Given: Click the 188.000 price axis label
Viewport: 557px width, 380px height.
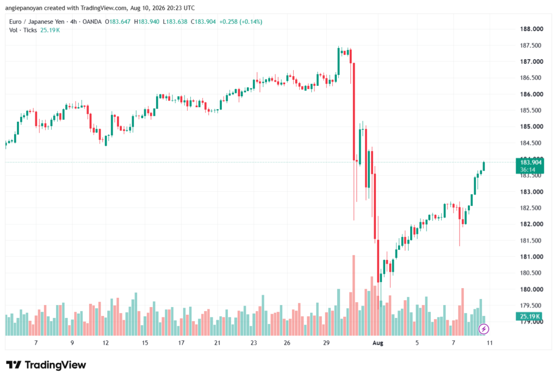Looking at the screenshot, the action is [x=531, y=29].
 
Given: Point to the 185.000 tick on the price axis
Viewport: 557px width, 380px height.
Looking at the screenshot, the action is [x=531, y=127].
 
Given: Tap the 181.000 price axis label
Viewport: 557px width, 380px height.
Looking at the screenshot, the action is [x=531, y=257].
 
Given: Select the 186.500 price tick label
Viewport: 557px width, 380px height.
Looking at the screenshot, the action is [x=531, y=77].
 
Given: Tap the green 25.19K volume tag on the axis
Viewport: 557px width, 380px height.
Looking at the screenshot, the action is [x=529, y=316].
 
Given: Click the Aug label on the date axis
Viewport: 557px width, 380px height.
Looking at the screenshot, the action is [x=377, y=342].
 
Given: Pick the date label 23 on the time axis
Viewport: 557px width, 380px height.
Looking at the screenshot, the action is [x=253, y=342].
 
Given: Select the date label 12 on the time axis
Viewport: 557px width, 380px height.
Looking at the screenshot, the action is [x=106, y=342].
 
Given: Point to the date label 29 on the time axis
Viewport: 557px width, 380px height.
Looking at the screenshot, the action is [x=326, y=342].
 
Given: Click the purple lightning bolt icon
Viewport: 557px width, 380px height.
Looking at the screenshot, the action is [x=484, y=329].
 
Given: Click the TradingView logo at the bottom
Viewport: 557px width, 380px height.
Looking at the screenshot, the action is [x=46, y=365].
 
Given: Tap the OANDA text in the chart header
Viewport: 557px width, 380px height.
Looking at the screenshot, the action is [x=92, y=22].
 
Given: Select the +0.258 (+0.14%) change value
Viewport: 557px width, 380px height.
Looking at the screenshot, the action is [x=241, y=22].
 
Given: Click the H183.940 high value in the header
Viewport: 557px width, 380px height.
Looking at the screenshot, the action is [x=147, y=22].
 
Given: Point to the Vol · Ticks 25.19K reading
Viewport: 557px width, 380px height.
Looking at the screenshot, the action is [x=34, y=30].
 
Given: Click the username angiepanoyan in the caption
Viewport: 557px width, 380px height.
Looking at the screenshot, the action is [x=24, y=8].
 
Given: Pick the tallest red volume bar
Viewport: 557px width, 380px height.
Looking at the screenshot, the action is [x=354, y=295].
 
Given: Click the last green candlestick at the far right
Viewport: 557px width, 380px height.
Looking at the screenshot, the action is [x=484, y=166].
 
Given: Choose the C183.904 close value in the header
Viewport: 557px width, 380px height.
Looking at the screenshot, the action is [x=203, y=22].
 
